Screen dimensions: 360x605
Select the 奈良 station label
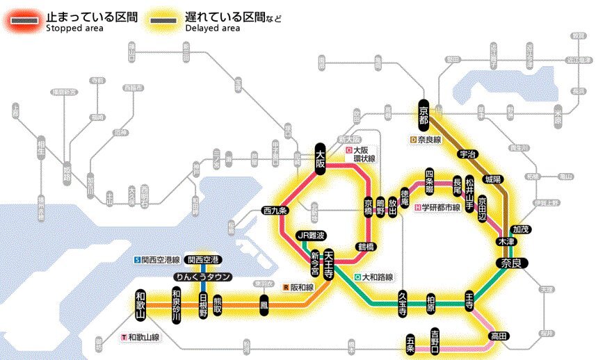click(513, 263)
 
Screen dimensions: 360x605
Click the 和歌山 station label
click(142, 304)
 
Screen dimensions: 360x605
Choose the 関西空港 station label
click(204, 259)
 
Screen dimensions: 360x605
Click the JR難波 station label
click(311, 235)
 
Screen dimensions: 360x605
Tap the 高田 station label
click(499, 336)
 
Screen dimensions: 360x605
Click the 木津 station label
click(505, 241)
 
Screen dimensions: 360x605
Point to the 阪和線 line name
click(301, 286)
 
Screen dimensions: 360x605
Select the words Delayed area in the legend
click(213, 28)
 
